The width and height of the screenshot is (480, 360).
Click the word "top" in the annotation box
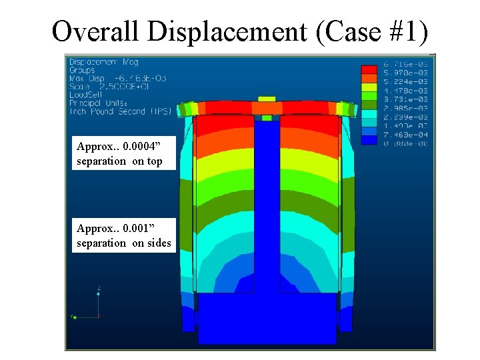click(155, 161)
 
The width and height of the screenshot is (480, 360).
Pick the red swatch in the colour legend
click(369, 69)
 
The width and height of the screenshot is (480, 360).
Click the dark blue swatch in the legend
click(369, 141)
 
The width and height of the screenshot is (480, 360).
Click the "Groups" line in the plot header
click(82, 70)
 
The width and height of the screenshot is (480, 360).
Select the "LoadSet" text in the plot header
click(83, 95)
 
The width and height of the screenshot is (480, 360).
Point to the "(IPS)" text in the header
click(160, 111)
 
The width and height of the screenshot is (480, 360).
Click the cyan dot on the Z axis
click(99, 288)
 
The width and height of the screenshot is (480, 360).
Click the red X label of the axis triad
click(99, 316)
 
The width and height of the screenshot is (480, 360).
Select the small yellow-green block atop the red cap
click(267, 99)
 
